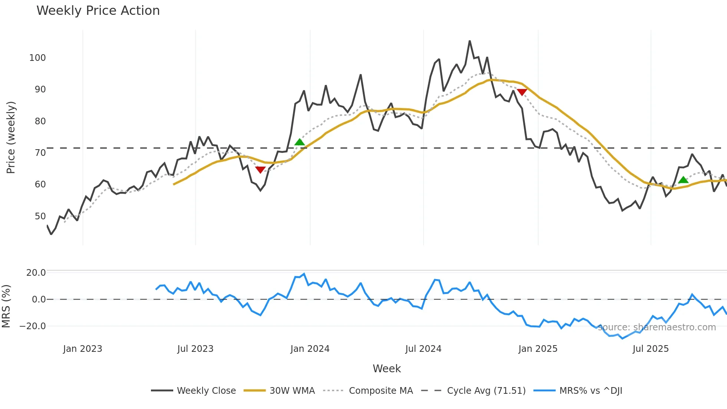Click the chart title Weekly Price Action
(x=98, y=11)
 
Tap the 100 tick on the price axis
(x=37, y=58)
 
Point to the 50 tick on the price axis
(x=40, y=216)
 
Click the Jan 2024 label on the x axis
(x=310, y=349)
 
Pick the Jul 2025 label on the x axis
(x=651, y=349)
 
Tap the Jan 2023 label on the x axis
(x=82, y=349)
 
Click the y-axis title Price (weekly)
(x=11, y=137)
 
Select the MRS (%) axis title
(x=6, y=306)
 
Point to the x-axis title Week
(x=386, y=369)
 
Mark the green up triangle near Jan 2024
(x=299, y=142)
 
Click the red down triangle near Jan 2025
(x=522, y=92)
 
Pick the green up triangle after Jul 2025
(x=683, y=180)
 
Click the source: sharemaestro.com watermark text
(x=657, y=327)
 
